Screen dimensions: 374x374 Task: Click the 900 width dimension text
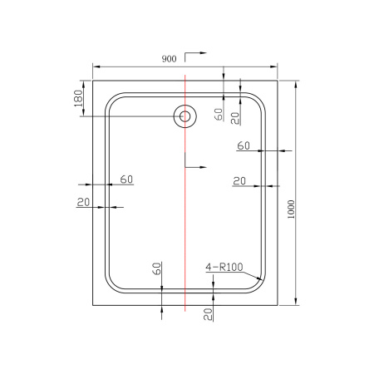point(169,59)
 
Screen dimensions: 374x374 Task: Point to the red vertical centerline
point(184,208)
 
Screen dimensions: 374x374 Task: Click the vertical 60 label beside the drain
point(218,115)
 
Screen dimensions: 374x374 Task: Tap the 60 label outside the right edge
point(244,145)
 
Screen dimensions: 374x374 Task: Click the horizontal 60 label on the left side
point(127,179)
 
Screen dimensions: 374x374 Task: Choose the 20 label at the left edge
point(83,202)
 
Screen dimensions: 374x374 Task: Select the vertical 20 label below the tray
point(207,312)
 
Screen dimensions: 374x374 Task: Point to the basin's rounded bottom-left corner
point(111,283)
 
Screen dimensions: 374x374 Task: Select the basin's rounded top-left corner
point(111,99)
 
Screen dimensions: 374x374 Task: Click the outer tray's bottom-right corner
point(276,303)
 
